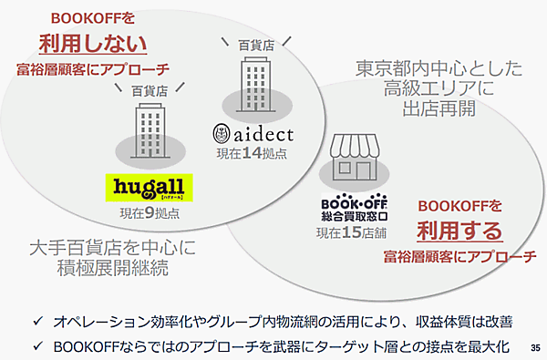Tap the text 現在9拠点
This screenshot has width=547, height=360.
point(149,213)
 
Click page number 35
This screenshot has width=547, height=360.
point(534,347)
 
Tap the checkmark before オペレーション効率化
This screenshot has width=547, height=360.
point(34,323)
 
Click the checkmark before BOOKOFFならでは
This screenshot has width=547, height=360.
point(34,345)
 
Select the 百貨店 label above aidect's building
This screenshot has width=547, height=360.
point(256,43)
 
